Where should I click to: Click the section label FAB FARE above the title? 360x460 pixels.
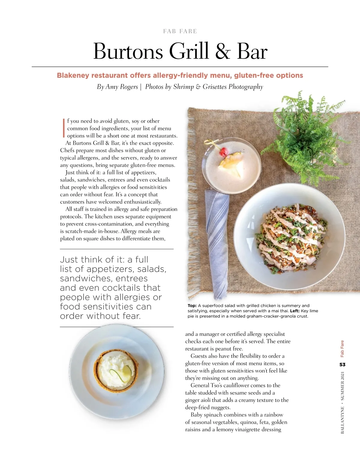click(x=180, y=31)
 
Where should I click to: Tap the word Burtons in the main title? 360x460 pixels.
click(x=128, y=52)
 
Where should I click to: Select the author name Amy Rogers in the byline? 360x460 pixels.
click(x=121, y=87)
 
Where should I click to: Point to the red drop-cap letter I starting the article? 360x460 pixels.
click(x=64, y=128)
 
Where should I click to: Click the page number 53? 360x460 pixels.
click(x=342, y=365)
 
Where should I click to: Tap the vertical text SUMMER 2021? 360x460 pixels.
click(x=342, y=386)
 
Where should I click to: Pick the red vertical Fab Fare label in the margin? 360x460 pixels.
click(x=342, y=349)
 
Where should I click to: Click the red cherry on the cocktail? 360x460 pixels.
click(x=223, y=153)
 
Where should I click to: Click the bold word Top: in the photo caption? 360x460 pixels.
click(x=192, y=306)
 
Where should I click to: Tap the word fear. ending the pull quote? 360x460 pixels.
click(x=131, y=316)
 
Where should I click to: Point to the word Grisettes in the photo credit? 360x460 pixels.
click(x=215, y=87)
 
